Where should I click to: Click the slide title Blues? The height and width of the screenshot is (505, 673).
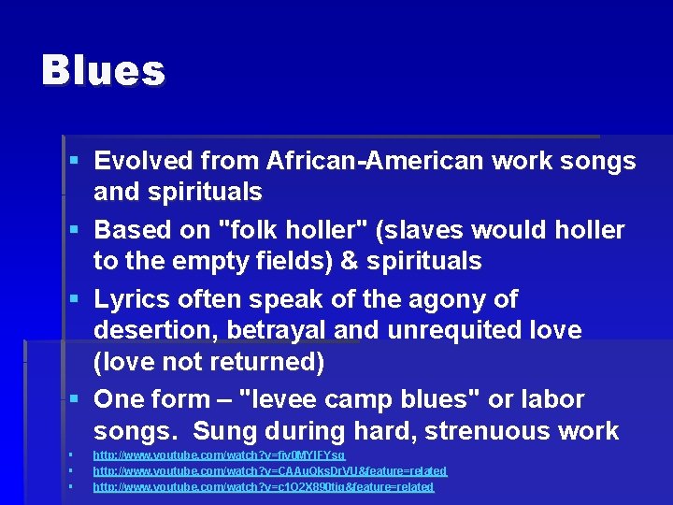103,71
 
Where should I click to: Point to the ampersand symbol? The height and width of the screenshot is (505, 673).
349,262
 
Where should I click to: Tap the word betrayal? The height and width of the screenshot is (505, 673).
272,331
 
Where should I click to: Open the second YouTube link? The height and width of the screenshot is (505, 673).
269,471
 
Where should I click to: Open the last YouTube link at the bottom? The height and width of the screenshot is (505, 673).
263,487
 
